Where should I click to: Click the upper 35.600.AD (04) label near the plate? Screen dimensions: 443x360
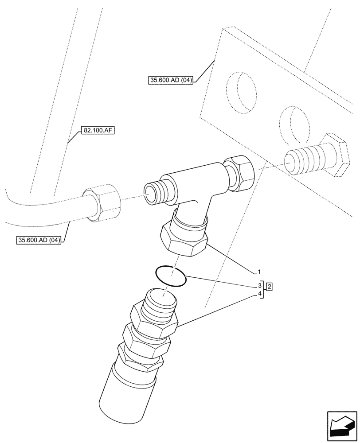point(171,80)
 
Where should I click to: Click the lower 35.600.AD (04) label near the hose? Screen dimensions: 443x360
point(39,241)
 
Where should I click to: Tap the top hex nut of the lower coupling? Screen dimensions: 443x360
point(153,319)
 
